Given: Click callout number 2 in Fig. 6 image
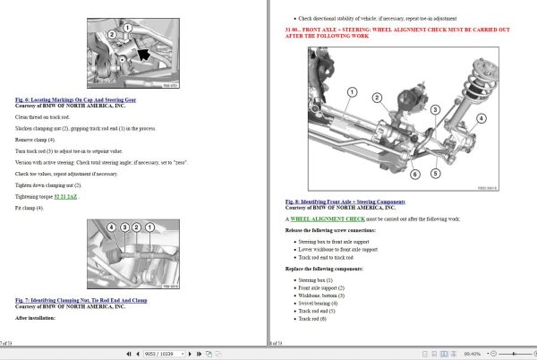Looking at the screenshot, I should point(112,35).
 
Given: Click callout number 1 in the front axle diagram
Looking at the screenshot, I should point(352,91).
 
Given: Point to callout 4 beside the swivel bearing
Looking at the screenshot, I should point(480,118).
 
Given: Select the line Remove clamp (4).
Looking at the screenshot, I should point(36,141).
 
